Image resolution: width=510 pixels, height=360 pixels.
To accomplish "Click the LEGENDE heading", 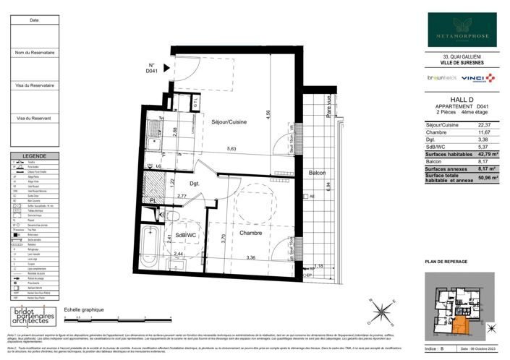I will [34, 156].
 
